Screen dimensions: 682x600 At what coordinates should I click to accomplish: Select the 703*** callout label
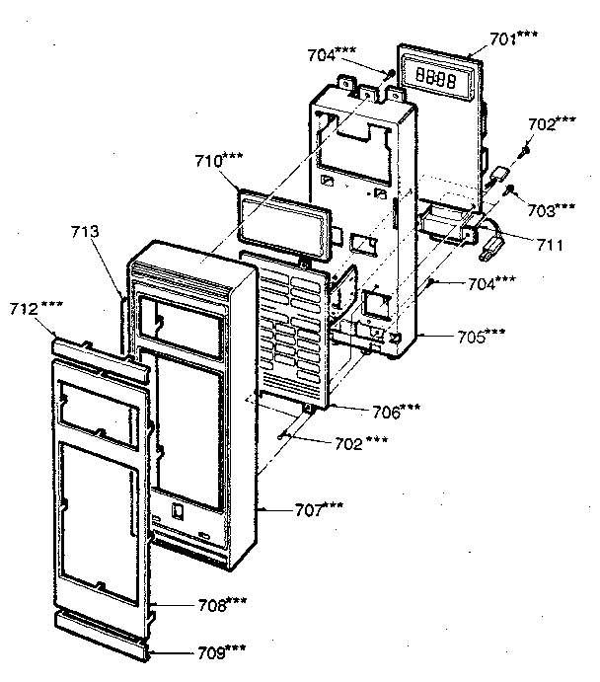pyautogui.click(x=551, y=208)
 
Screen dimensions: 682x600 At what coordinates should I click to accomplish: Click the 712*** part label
pyautogui.click(x=38, y=309)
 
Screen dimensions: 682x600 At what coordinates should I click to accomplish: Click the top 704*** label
pyautogui.click(x=333, y=55)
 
